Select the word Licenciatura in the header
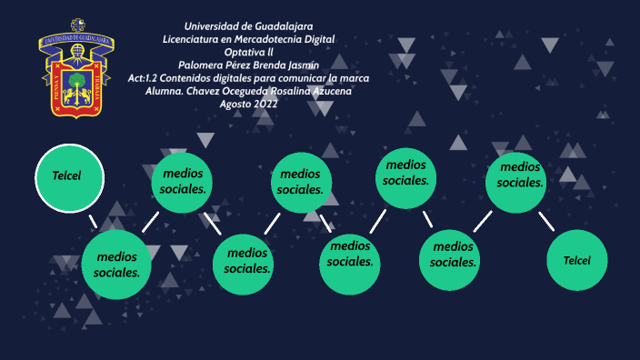pyautogui.click(x=194, y=39)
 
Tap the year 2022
pyautogui.click(x=266, y=104)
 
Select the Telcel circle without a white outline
pyautogui.click(x=576, y=260)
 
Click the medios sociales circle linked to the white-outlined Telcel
pyautogui.click(x=116, y=265)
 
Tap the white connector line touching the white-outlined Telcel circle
pyautogui.click(x=93, y=222)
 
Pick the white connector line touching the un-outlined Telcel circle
pyautogui.click(x=546, y=222)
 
